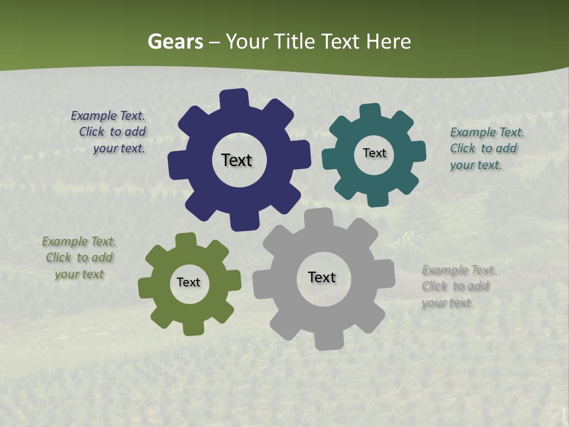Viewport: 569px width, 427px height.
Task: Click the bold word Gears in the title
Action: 175,42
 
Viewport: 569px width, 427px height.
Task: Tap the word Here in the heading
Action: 388,42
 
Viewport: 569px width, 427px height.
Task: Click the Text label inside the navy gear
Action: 236,160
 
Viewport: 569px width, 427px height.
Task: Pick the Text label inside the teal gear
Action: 374,153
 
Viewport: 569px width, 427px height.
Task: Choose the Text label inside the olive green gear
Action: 188,282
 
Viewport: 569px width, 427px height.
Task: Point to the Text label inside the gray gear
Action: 322,277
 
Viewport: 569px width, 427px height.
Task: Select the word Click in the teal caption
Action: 463,149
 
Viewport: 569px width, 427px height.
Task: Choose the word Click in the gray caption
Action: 434,286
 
